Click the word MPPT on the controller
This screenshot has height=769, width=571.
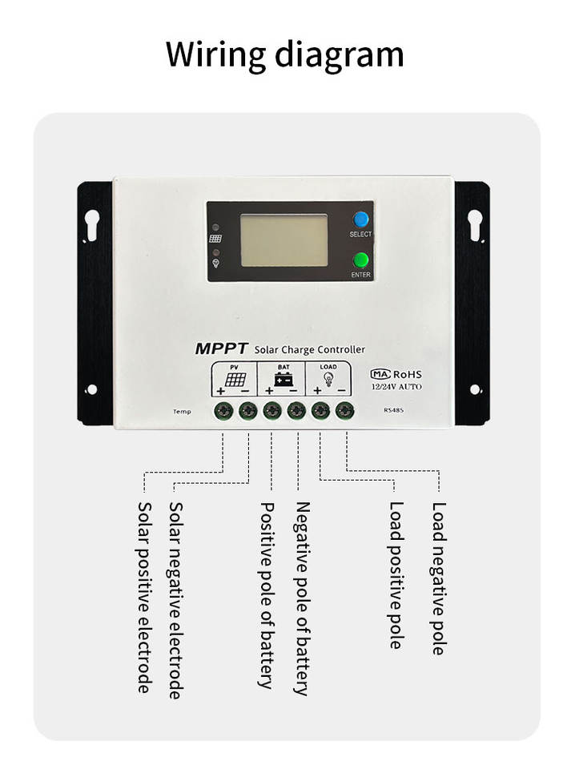coord(222,348)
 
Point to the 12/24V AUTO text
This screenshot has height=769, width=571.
coord(396,386)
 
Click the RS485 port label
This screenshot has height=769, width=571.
coord(395,411)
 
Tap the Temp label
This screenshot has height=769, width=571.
coord(182,412)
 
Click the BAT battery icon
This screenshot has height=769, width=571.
coord(283,380)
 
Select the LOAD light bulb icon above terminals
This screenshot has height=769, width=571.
coord(328,379)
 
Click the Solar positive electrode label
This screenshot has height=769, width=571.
coord(145,597)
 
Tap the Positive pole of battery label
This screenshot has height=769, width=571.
coord(267,594)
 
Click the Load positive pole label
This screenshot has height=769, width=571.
coord(395,574)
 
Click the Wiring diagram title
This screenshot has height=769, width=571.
coord(285,54)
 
